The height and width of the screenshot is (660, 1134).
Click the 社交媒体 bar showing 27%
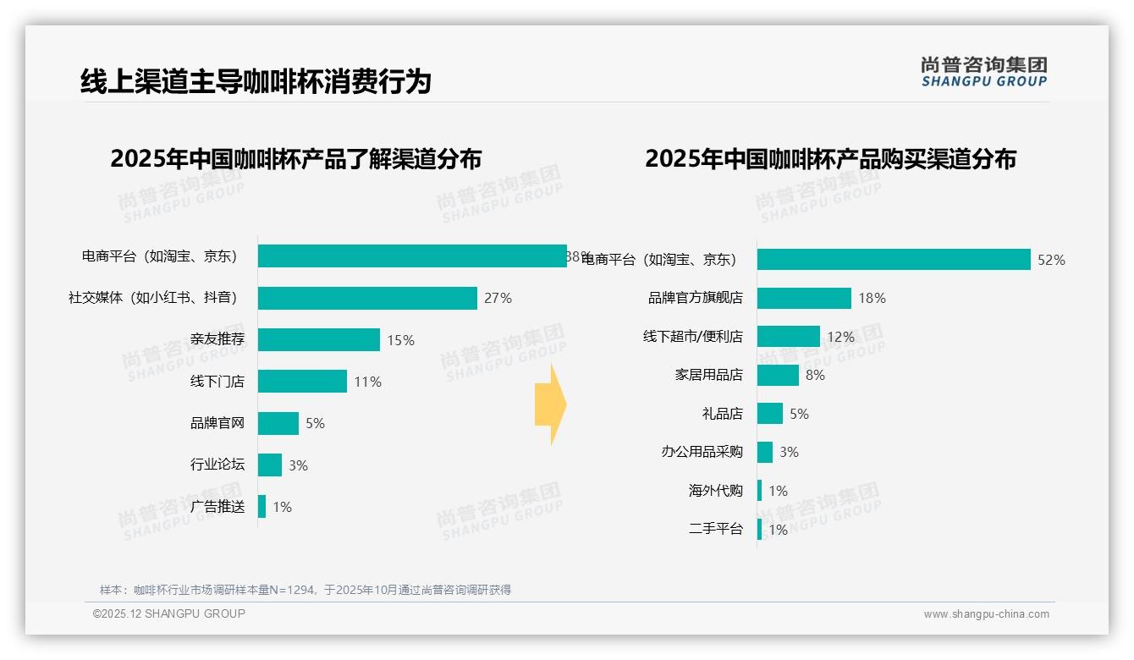367,298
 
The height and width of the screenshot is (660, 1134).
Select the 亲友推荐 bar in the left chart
319,340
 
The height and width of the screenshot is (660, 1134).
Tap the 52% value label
1051,260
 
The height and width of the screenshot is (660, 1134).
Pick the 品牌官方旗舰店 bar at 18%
804,298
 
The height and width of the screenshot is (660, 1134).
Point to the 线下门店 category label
217,382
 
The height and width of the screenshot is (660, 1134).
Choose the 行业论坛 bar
270,465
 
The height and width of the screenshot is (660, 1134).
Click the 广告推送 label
217,507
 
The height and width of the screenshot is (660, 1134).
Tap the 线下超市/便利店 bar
789,337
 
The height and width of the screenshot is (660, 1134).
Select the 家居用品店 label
709,375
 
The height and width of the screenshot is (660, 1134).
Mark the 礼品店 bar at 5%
770,414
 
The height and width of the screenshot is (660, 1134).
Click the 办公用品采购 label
702,452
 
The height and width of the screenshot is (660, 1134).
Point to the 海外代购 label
716,491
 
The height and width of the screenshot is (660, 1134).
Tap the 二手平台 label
716,530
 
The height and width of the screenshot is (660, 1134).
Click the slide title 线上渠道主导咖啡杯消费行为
256,81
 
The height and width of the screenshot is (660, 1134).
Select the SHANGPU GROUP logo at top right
983,72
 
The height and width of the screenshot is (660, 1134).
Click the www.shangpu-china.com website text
986,614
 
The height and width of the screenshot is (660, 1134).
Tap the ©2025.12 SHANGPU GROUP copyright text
169,613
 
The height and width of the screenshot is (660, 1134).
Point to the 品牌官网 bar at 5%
278,423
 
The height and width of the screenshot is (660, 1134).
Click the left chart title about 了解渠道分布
295,159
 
